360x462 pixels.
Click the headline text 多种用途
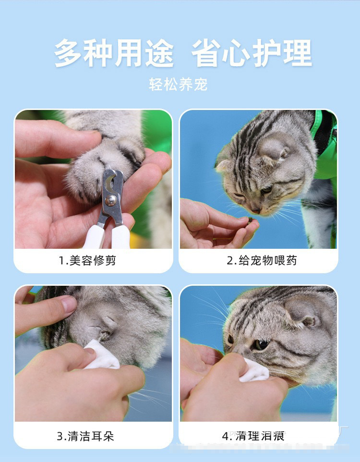[x=114, y=53]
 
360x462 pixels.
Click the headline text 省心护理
[x=252, y=53]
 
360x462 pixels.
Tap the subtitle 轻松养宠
[x=178, y=85]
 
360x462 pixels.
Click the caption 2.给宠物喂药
[x=262, y=261]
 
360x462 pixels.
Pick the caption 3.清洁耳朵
[x=85, y=437]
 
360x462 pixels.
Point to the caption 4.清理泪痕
[x=253, y=437]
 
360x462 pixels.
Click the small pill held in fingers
[x=250, y=220]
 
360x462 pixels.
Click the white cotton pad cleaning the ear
[x=101, y=355]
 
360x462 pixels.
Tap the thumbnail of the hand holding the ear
[x=69, y=304]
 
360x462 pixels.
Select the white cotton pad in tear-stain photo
[x=254, y=370]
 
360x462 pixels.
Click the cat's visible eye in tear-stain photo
[x=261, y=344]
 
